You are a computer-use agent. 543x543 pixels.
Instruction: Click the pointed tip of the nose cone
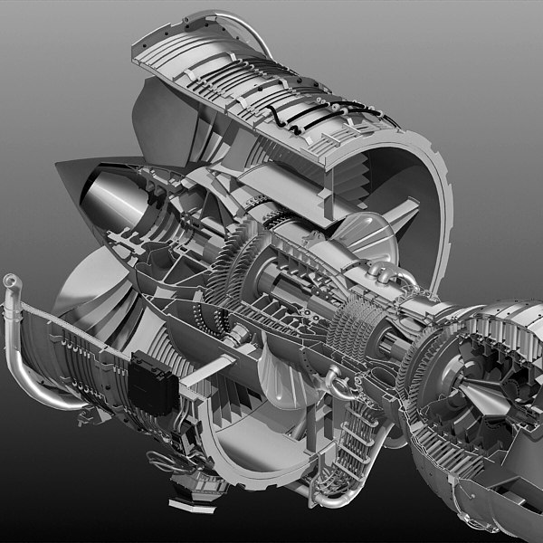(x=57, y=165)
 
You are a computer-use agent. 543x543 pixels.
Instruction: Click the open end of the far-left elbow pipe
(x=10, y=281)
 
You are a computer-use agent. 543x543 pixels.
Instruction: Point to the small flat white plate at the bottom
(x=186, y=497)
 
